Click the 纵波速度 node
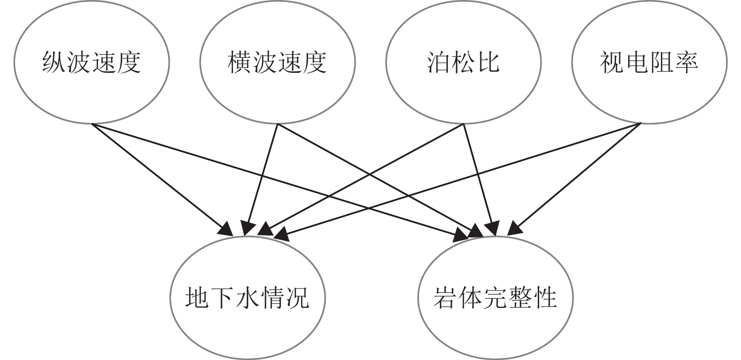92,63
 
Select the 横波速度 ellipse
277,63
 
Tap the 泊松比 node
463,63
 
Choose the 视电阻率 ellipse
649,63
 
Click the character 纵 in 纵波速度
55,63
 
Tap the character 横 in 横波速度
240,63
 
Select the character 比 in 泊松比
488,63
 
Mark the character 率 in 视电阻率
686,63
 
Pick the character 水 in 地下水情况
246,298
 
